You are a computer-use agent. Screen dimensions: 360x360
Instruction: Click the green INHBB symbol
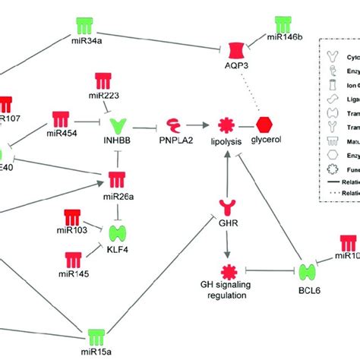point(122,124)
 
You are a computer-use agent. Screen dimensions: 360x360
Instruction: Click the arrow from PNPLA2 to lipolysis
point(199,124)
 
